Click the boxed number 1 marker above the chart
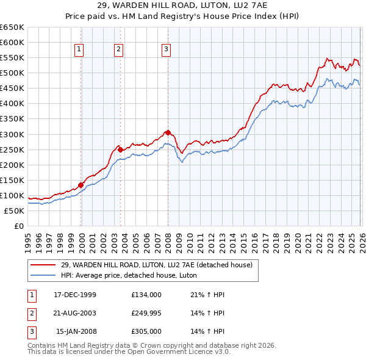[80, 50]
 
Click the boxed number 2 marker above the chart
[118, 50]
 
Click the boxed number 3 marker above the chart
[166, 50]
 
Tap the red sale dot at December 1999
[81, 185]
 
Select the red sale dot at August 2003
[120, 149]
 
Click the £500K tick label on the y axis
[12, 73]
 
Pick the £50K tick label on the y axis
[14, 211]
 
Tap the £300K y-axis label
[12, 134]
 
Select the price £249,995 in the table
[146, 313]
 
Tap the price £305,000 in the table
[146, 332]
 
